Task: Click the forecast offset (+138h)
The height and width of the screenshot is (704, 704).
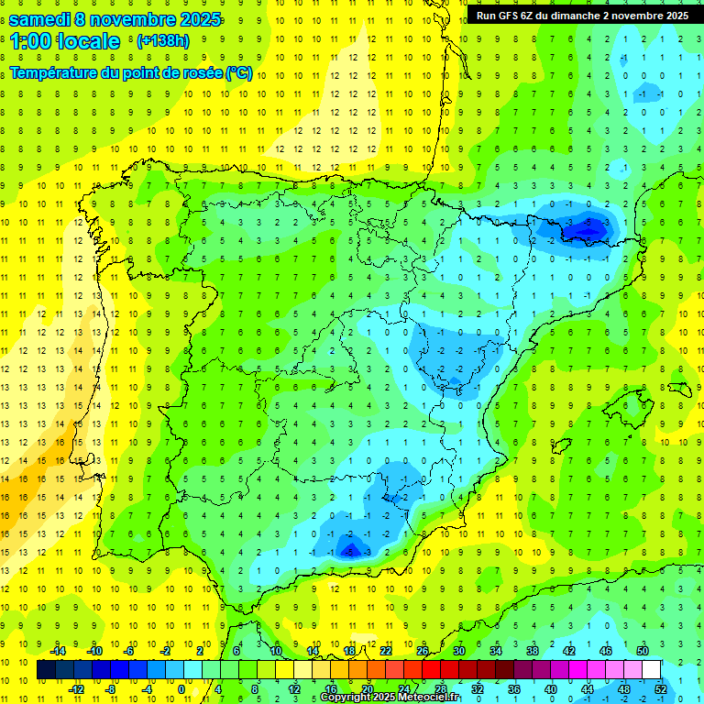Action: (x=163, y=41)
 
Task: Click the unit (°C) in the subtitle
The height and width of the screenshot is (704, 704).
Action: (x=238, y=72)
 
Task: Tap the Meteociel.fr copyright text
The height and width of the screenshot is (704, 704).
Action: (x=390, y=698)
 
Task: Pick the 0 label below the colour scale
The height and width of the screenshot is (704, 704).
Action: (x=181, y=689)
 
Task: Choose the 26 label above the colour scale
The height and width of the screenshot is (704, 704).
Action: (x=423, y=651)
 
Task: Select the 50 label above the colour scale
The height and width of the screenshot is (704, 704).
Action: (x=643, y=651)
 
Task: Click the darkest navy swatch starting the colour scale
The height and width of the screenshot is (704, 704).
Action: (x=46, y=670)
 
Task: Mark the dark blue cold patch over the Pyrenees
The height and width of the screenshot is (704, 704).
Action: (x=588, y=226)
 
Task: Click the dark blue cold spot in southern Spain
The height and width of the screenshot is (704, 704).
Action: (x=349, y=549)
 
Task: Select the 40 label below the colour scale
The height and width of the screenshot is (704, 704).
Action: (x=551, y=689)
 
